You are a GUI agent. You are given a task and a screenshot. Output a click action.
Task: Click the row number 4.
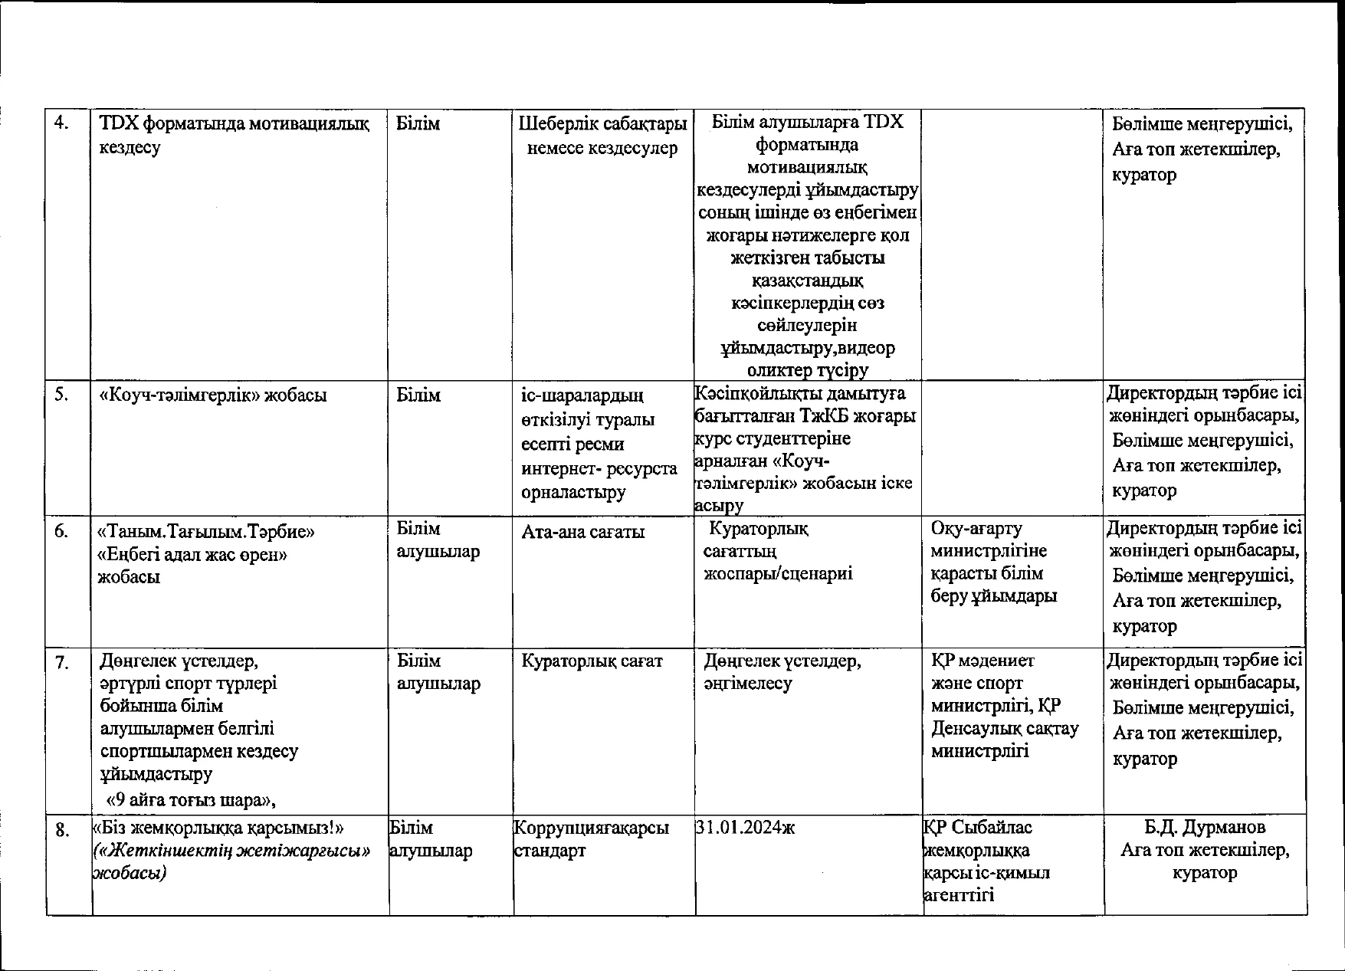click(61, 123)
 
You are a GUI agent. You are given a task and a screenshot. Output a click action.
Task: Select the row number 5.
click(61, 395)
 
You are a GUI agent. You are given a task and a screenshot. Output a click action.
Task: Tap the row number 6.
click(61, 530)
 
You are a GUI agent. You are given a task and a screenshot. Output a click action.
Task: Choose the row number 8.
click(64, 829)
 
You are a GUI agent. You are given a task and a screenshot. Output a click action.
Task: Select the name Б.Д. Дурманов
click(1205, 827)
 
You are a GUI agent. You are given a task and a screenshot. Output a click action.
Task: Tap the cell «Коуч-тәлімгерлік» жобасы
click(213, 395)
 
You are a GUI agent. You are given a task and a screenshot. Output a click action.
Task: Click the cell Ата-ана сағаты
click(583, 531)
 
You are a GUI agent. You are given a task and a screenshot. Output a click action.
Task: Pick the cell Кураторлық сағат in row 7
click(592, 661)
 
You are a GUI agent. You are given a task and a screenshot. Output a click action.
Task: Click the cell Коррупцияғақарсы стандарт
click(591, 838)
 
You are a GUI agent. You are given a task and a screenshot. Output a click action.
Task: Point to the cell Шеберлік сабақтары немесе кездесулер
click(602, 135)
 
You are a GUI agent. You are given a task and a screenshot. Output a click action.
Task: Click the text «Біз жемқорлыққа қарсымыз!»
click(218, 828)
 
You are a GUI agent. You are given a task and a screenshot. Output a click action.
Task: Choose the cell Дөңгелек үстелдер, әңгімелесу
click(782, 671)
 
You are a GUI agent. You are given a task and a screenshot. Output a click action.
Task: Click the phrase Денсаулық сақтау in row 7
click(1005, 728)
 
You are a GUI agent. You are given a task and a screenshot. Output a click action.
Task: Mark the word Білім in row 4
click(418, 123)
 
